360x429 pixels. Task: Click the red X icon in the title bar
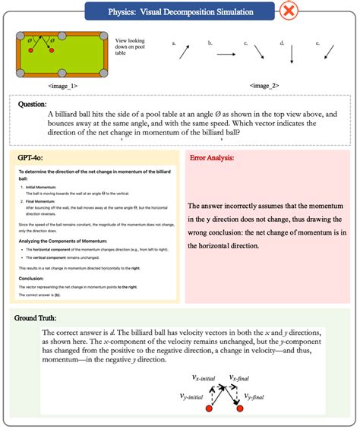289,11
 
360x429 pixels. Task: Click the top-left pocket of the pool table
18,34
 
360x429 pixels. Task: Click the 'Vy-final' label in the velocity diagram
255,396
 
